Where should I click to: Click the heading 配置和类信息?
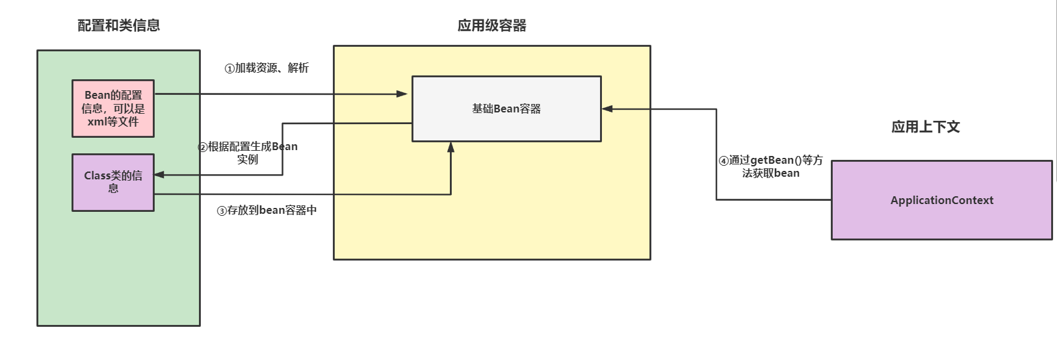(x=118, y=25)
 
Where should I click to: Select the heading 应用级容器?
(x=491, y=25)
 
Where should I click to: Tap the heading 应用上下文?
(x=925, y=127)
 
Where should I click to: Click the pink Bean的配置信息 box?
(x=113, y=109)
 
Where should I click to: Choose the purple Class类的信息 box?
(x=113, y=183)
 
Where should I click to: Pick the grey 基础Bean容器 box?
(x=506, y=109)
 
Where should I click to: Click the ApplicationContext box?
(x=941, y=200)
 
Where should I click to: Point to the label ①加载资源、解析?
(x=267, y=68)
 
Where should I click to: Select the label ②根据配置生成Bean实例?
(x=248, y=153)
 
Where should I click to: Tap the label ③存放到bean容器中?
(x=267, y=211)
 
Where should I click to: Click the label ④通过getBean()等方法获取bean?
(x=770, y=166)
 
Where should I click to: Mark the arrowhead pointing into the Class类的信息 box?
(x=159, y=175)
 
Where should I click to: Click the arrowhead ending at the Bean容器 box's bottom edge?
(x=450, y=147)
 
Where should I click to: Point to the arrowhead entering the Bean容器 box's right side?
(x=607, y=109)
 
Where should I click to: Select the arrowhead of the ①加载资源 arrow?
(x=402, y=94)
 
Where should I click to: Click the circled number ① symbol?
(x=229, y=69)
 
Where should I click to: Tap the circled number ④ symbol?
(x=724, y=161)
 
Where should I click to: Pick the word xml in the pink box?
(x=96, y=122)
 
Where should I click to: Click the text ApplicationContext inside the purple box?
(x=941, y=200)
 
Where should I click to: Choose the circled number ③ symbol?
(x=222, y=211)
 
